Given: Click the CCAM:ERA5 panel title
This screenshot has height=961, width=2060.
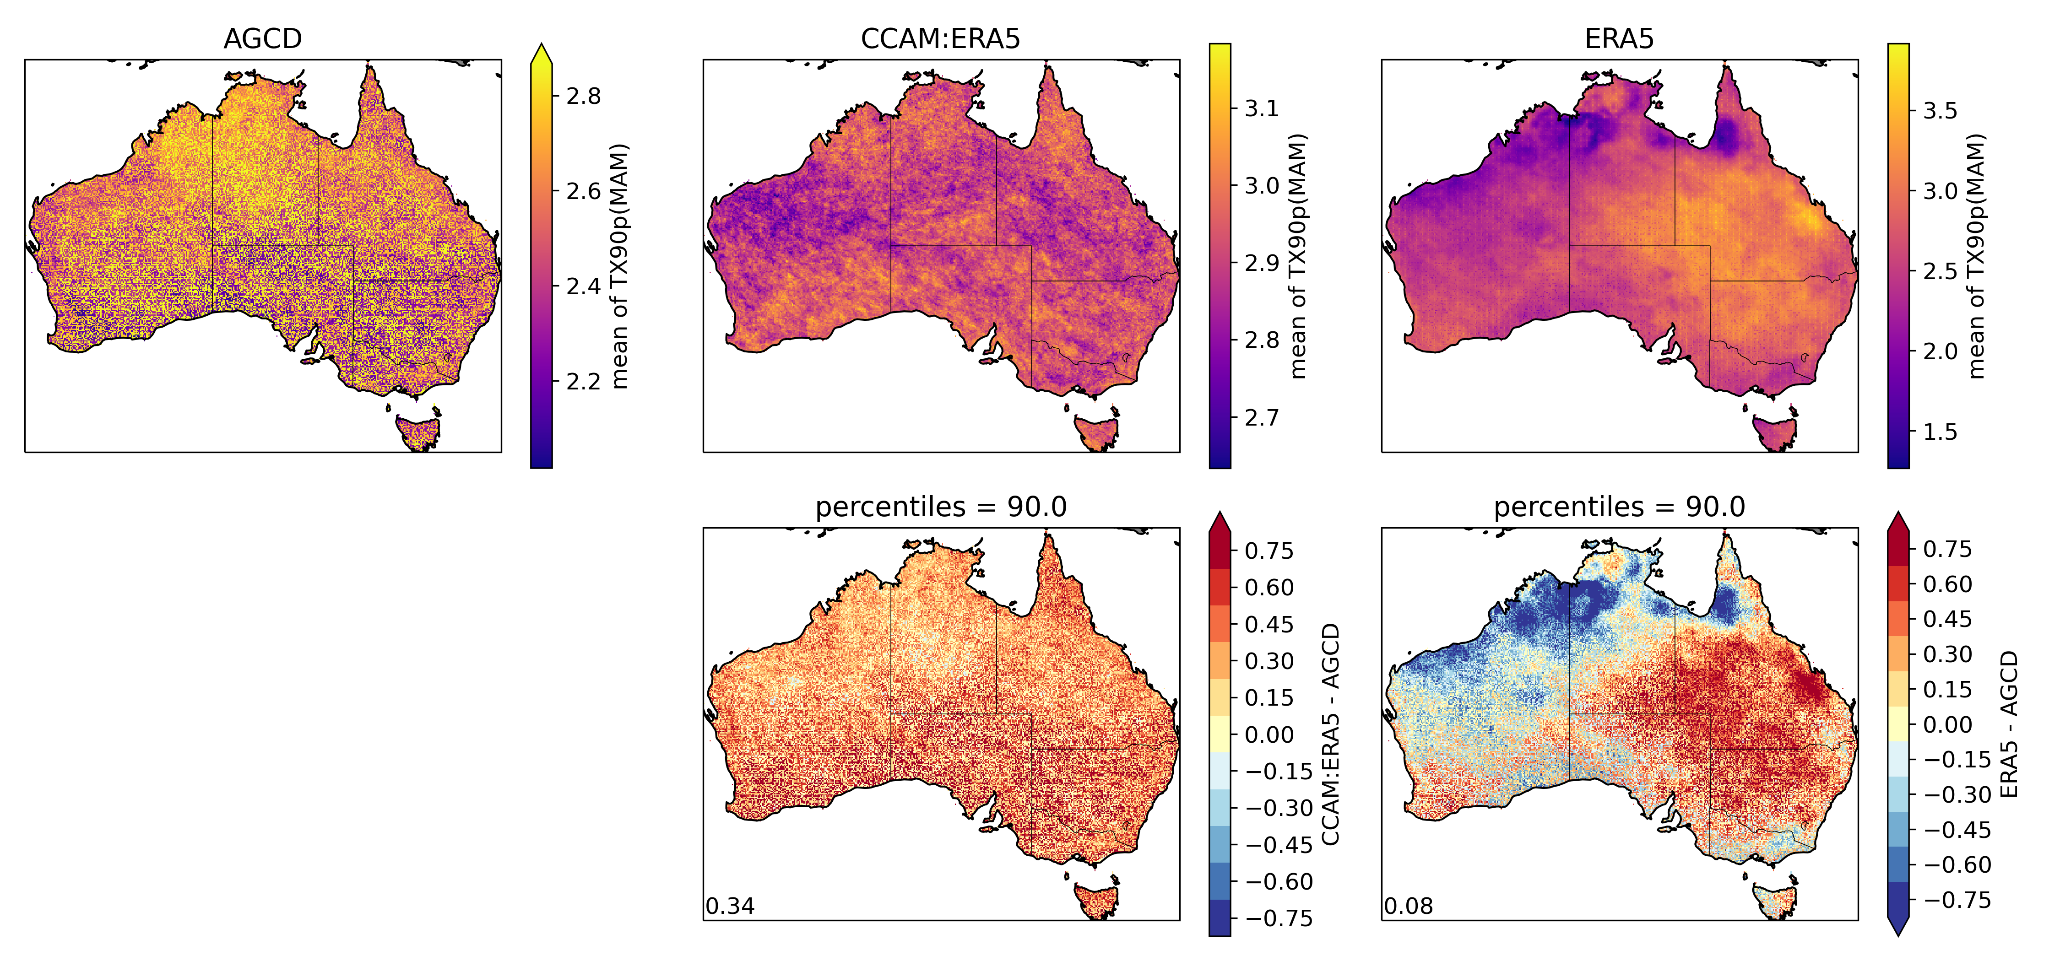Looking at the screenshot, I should click(940, 38).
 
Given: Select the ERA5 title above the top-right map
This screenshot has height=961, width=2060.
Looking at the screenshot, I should click(1619, 38).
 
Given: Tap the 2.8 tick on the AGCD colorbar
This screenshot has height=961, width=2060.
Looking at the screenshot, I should click(583, 96).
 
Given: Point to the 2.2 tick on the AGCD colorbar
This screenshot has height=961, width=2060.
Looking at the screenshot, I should click(583, 381).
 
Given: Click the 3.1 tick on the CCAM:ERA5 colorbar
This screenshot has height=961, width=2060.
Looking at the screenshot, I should click(1261, 108).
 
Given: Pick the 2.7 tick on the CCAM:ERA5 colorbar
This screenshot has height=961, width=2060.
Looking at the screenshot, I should click(1261, 417).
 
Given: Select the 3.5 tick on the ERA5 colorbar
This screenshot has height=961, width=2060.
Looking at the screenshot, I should click(1939, 110).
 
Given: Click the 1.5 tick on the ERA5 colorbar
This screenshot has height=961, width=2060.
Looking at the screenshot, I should click(1939, 432).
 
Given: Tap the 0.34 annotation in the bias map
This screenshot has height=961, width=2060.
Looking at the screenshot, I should click(729, 906).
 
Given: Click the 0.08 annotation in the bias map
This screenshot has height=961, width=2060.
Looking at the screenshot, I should click(1408, 906).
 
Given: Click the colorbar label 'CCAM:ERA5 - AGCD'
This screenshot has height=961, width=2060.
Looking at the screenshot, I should click(1330, 734).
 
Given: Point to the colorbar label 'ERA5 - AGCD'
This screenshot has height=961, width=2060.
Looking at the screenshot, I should click(2008, 723).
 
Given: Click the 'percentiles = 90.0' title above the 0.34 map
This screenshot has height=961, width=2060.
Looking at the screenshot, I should click(940, 507).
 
